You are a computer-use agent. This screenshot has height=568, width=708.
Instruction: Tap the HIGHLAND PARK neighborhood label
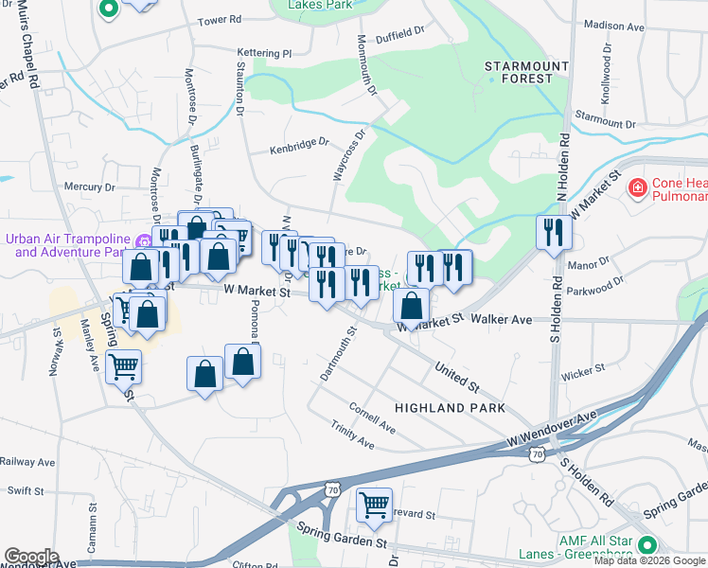click(450, 408)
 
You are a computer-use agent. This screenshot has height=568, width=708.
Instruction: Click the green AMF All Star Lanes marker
click(647, 545)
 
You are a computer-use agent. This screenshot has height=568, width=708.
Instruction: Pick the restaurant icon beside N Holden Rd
click(553, 232)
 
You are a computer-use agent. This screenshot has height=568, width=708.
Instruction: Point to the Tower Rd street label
click(219, 20)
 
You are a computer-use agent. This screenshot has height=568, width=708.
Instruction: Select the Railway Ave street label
click(27, 462)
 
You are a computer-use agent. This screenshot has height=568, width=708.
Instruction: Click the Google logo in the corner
click(31, 556)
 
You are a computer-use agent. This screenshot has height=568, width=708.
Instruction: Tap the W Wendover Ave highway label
click(552, 429)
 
